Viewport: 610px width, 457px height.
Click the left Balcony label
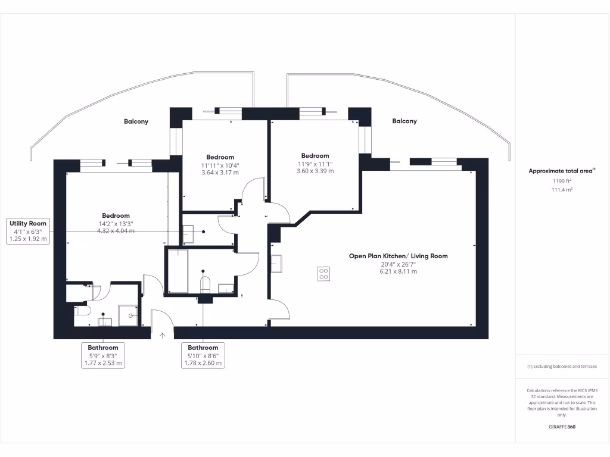136,121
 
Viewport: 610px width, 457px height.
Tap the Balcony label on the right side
404,121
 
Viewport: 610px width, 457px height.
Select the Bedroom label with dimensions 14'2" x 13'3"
116,215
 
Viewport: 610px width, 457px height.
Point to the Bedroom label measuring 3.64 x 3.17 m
220,157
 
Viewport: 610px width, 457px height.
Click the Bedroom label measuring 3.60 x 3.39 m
315,156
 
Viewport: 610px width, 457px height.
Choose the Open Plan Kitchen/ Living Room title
398,256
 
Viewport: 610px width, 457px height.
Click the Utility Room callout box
28,231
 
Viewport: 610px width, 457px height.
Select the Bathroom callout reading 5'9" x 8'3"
103,355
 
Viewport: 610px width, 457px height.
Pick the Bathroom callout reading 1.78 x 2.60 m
203,355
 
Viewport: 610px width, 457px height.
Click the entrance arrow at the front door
162,336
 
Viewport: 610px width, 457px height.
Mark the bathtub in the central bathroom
178,271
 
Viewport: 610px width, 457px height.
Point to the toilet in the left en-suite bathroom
81,310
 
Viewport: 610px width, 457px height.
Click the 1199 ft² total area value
562,180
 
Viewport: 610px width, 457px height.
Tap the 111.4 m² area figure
562,190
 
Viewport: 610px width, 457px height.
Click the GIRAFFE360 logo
562,427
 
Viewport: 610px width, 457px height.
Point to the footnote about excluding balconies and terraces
562,367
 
